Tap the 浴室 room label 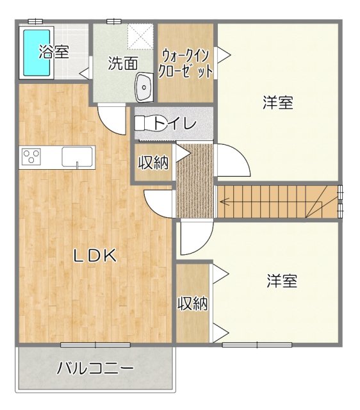pos(54,52)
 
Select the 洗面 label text pos(122,63)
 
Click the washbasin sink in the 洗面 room pos(144,86)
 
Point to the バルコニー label pos(95,369)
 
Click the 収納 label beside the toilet pos(154,163)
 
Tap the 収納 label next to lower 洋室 pos(192,303)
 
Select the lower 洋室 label pos(282,281)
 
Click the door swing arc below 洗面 pos(110,117)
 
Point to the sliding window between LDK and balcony pos(96,345)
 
